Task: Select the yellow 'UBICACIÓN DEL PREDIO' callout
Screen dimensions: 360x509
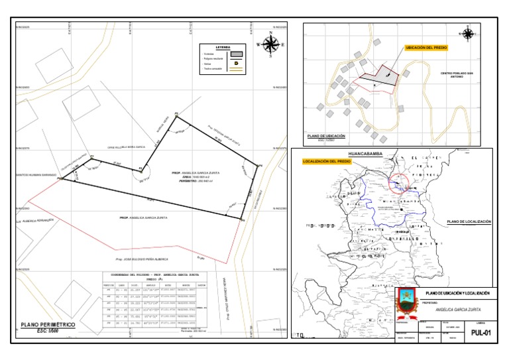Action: point(426,48)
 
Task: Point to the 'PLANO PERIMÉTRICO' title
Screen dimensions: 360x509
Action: point(48,325)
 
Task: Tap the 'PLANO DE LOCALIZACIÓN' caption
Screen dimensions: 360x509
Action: point(469,221)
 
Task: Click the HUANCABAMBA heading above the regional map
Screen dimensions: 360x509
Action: point(370,151)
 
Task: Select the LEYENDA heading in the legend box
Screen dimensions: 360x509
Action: point(223,48)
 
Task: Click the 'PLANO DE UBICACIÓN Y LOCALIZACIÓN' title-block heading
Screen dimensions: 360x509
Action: point(457,292)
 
